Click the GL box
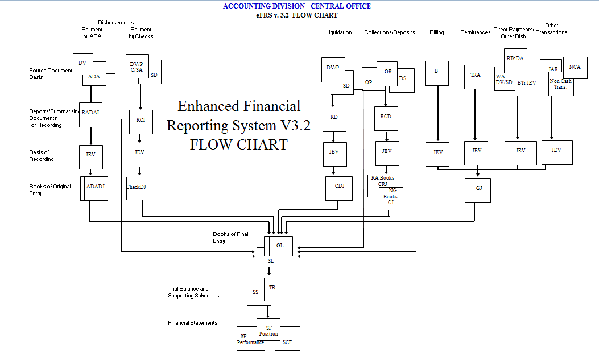[280, 246]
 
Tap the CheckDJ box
[137, 187]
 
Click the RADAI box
[90, 113]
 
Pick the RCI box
[141, 120]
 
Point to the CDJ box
[340, 185]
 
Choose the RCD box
[386, 117]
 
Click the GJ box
[479, 188]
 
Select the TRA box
[476, 76]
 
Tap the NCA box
[575, 67]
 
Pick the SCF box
[288, 342]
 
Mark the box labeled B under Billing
[436, 72]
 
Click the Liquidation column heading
[338, 32]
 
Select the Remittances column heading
[475, 32]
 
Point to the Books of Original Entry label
[51, 190]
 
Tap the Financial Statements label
[192, 323]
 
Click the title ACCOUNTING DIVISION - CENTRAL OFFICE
[296, 6]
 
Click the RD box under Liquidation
[334, 117]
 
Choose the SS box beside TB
[254, 292]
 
